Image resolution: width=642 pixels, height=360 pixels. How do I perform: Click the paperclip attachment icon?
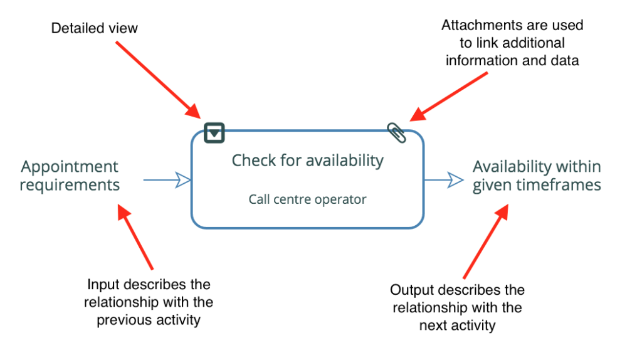[396, 133]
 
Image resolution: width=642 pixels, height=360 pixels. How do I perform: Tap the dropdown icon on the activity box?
[214, 133]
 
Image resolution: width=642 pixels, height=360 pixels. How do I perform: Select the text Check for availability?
[307, 161]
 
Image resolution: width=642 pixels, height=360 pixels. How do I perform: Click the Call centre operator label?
[307, 199]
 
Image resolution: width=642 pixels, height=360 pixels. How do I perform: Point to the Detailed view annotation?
[94, 28]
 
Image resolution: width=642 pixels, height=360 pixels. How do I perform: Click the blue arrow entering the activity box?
[167, 180]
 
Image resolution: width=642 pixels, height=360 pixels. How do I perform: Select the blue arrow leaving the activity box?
[444, 180]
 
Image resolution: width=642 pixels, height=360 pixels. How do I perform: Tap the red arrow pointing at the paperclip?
[449, 97]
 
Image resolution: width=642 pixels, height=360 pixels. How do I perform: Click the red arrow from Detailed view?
[158, 80]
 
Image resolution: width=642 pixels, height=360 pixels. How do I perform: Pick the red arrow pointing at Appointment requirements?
[135, 236]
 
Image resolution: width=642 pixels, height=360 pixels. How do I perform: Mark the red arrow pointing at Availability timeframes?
[486, 241]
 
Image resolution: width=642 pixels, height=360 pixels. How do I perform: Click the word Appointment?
[70, 167]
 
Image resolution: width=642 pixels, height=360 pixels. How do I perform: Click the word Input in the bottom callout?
[103, 285]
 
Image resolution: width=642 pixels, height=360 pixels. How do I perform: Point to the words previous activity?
[149, 320]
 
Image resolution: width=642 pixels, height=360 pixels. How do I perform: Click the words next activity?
[457, 326]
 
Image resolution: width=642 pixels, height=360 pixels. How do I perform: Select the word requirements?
[70, 185]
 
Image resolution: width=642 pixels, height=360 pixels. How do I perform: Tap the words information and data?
[512, 61]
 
